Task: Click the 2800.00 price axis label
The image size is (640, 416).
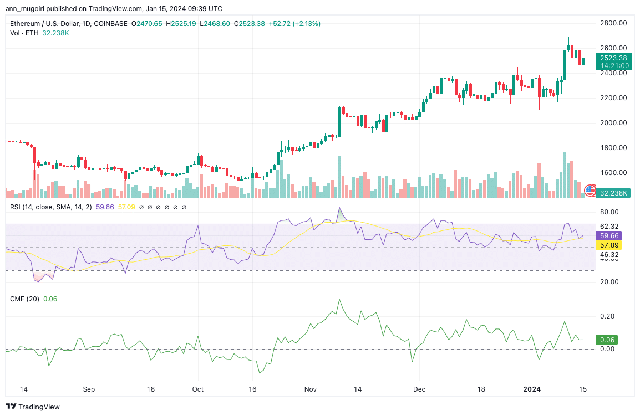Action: click(613, 23)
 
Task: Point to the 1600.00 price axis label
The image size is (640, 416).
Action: click(613, 173)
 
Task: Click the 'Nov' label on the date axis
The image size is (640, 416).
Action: click(311, 389)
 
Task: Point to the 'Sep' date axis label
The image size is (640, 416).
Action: click(89, 389)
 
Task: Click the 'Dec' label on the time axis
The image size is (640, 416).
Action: click(420, 389)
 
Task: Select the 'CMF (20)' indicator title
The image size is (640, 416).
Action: click(24, 299)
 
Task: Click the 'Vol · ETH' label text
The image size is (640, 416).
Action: click(23, 33)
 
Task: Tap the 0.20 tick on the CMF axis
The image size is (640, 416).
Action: click(607, 316)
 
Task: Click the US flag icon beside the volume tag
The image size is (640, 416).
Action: click(590, 191)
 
